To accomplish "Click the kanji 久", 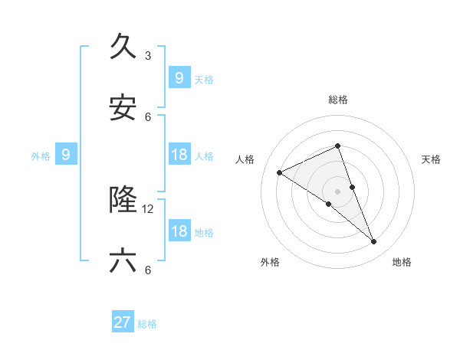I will point(123,47).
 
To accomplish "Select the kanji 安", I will point(123,110).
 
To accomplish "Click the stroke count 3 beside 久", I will point(148,55).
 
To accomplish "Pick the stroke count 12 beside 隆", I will point(148,208).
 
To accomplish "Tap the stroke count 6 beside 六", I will point(148,270).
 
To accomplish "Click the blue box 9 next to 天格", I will point(179,77).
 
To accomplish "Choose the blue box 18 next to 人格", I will point(179,155).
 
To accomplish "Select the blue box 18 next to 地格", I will point(179,231).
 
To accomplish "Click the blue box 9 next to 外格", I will point(66,155).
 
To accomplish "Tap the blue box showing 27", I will point(123,322).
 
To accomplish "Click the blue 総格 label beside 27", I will point(147,324).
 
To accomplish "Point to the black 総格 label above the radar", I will point(338,100).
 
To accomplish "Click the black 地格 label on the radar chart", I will point(402,262).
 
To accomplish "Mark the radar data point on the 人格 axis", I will point(279,173).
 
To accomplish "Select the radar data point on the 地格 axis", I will point(374,242).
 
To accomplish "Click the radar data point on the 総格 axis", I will point(338,146).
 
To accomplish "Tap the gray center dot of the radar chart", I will point(338,191).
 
